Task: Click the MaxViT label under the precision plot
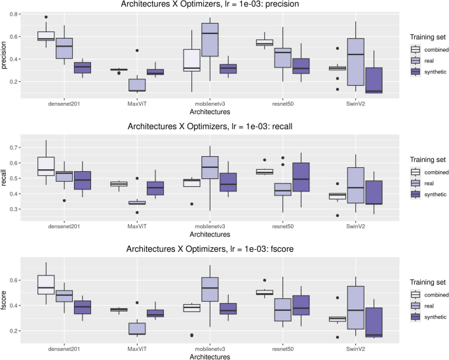pos(137,103)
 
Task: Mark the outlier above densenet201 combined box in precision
pos(46,17)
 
